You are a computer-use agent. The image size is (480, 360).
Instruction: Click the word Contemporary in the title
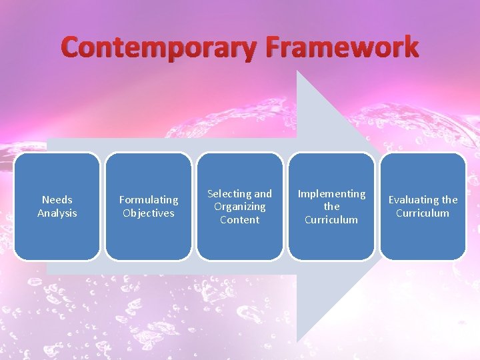[160, 48]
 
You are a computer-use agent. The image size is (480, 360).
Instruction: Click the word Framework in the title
[341, 48]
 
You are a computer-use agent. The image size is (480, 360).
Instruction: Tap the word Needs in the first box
[57, 199]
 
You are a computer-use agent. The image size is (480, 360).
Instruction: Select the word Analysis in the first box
[57, 213]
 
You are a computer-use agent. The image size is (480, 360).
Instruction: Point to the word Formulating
[149, 199]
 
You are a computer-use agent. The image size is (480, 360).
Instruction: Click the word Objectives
[149, 213]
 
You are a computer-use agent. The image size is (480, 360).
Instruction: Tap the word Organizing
[240, 207]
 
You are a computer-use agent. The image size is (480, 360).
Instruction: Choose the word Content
[240, 219]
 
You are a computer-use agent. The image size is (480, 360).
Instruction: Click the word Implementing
[331, 193]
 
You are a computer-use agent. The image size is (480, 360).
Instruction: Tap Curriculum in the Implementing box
[331, 219]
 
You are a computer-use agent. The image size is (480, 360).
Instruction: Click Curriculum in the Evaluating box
[423, 213]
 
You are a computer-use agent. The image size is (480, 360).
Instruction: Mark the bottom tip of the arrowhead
[297, 341]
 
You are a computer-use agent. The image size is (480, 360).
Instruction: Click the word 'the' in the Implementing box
[331, 207]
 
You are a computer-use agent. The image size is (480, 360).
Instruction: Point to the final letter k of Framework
[409, 48]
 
